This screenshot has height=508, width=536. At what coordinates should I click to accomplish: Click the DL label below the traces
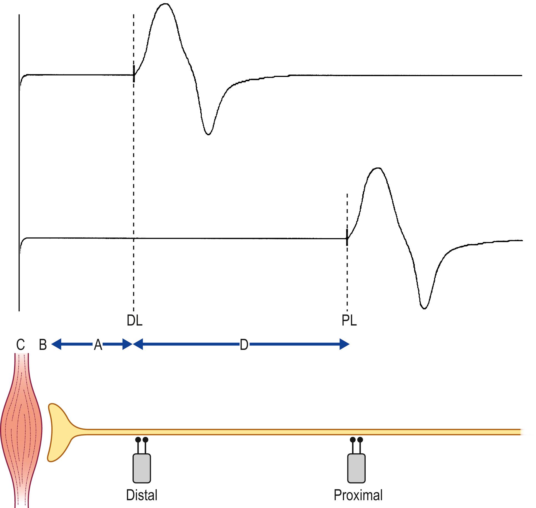tap(134, 321)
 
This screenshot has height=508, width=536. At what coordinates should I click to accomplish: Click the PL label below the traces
tap(349, 321)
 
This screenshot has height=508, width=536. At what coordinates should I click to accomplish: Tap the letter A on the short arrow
tap(98, 345)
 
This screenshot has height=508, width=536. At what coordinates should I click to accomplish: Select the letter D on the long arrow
tap(244, 345)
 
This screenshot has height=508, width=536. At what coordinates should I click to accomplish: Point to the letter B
tap(43, 345)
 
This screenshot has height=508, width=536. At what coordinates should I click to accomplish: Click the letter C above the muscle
tap(21, 345)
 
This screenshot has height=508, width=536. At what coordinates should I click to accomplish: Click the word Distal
tap(142, 495)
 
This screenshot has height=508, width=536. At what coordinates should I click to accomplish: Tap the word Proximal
tap(358, 495)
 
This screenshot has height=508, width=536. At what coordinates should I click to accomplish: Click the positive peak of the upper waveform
tap(165, 4)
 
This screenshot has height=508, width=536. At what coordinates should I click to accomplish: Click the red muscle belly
tap(21, 428)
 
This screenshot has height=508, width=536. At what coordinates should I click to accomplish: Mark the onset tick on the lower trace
tap(347, 238)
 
